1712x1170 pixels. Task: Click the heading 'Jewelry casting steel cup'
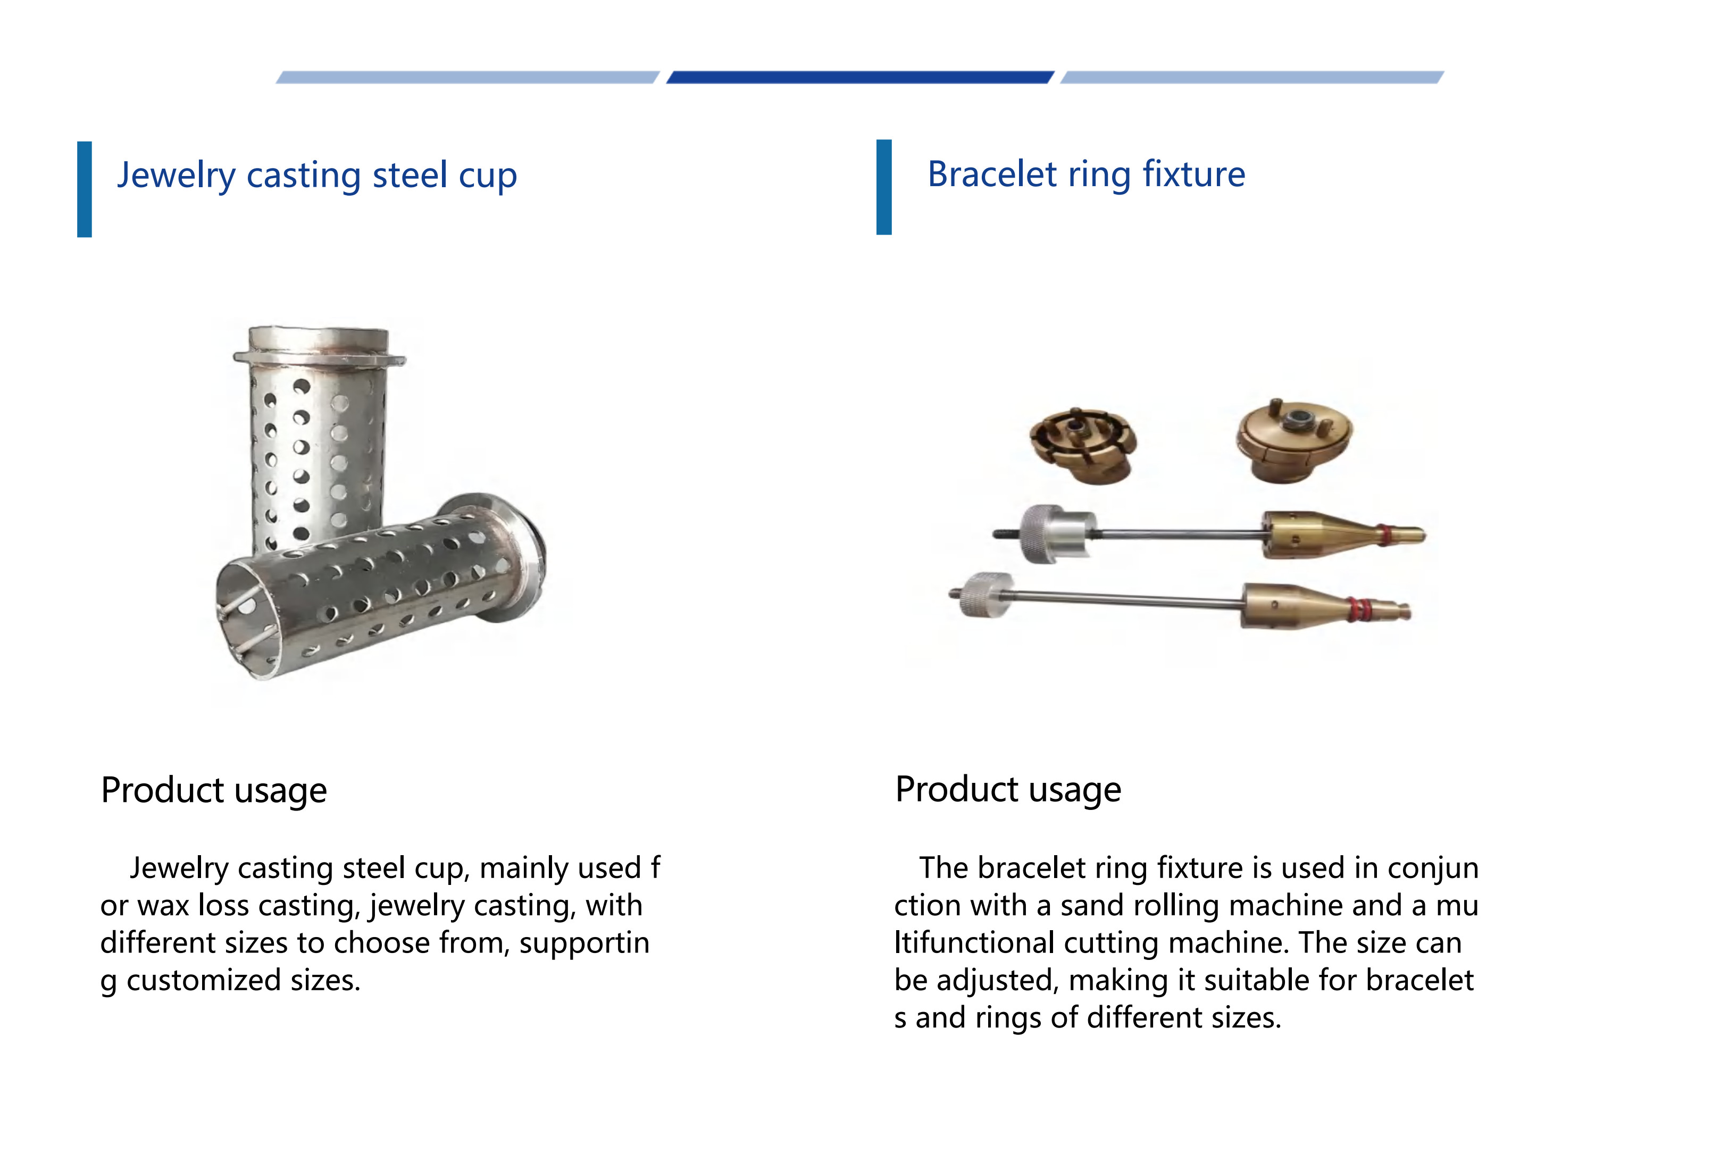[x=317, y=175]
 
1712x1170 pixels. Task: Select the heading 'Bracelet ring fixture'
[x=1086, y=174]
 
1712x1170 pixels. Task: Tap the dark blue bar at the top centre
[x=859, y=77]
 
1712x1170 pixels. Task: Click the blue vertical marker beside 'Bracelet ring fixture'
[x=884, y=187]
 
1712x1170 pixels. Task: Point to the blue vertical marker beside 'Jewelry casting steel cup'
[x=85, y=189]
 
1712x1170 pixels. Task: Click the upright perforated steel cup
[x=317, y=434]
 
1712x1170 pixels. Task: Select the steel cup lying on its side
[x=379, y=586]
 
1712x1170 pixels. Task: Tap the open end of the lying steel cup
[x=247, y=619]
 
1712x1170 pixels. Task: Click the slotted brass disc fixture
[x=1082, y=444]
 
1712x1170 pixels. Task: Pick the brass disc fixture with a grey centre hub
[x=1295, y=440]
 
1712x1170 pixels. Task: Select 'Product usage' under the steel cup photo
[x=214, y=791]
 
